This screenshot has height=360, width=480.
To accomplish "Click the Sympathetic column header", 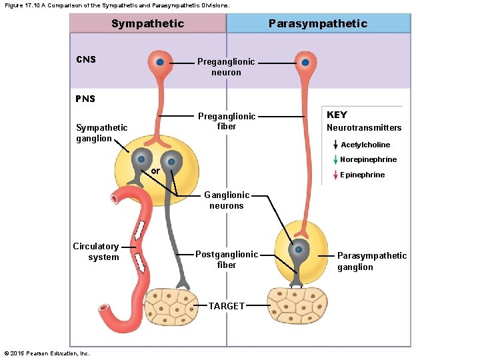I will click(x=147, y=23).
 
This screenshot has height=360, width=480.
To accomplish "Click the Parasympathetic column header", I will click(x=317, y=23).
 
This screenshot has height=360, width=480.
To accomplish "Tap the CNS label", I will click(x=86, y=59).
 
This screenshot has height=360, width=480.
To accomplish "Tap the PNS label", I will click(x=85, y=99).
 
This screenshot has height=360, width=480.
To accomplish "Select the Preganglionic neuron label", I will click(x=226, y=67).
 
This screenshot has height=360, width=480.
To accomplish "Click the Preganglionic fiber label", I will click(x=226, y=121).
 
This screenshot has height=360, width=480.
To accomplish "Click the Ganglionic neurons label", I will click(x=227, y=200).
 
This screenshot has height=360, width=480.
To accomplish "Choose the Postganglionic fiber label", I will click(x=227, y=259).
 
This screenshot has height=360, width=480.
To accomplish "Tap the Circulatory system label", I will click(x=96, y=251).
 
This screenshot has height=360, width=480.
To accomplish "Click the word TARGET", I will click(x=227, y=306).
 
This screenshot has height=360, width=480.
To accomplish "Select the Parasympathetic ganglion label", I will click(x=371, y=261).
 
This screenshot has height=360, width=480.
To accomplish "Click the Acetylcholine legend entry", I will click(x=365, y=145).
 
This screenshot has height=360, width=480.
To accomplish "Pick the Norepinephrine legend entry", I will click(x=368, y=159).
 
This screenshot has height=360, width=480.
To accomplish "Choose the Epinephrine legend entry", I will click(x=362, y=175).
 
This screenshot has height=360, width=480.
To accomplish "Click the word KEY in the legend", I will click(x=337, y=115).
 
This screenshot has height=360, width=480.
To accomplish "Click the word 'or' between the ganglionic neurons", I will click(x=155, y=171).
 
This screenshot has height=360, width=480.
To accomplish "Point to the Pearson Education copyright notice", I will click(x=47, y=353).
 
